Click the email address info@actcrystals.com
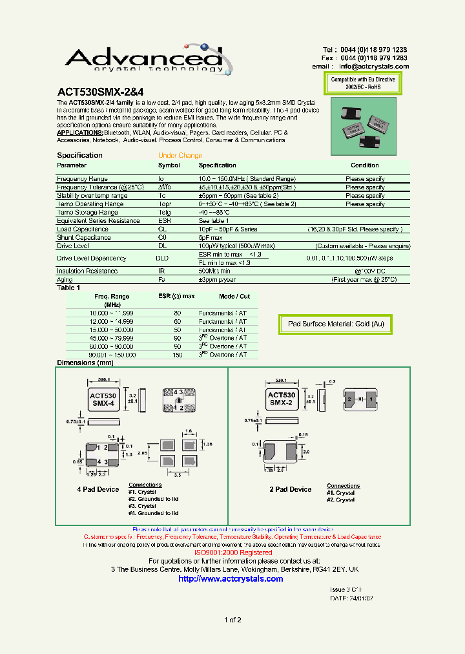(x=374, y=67)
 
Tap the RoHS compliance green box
(x=362, y=82)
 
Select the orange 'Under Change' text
(x=180, y=156)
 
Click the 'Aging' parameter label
(x=65, y=280)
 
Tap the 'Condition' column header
(x=365, y=165)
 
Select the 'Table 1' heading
(x=68, y=288)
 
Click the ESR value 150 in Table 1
(x=177, y=355)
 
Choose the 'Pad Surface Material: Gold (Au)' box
(x=336, y=324)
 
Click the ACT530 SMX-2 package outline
(x=282, y=399)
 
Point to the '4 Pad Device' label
(x=98, y=489)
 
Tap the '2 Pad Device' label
(x=290, y=489)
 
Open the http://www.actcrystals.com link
(x=231, y=579)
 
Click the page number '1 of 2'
(x=232, y=620)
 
